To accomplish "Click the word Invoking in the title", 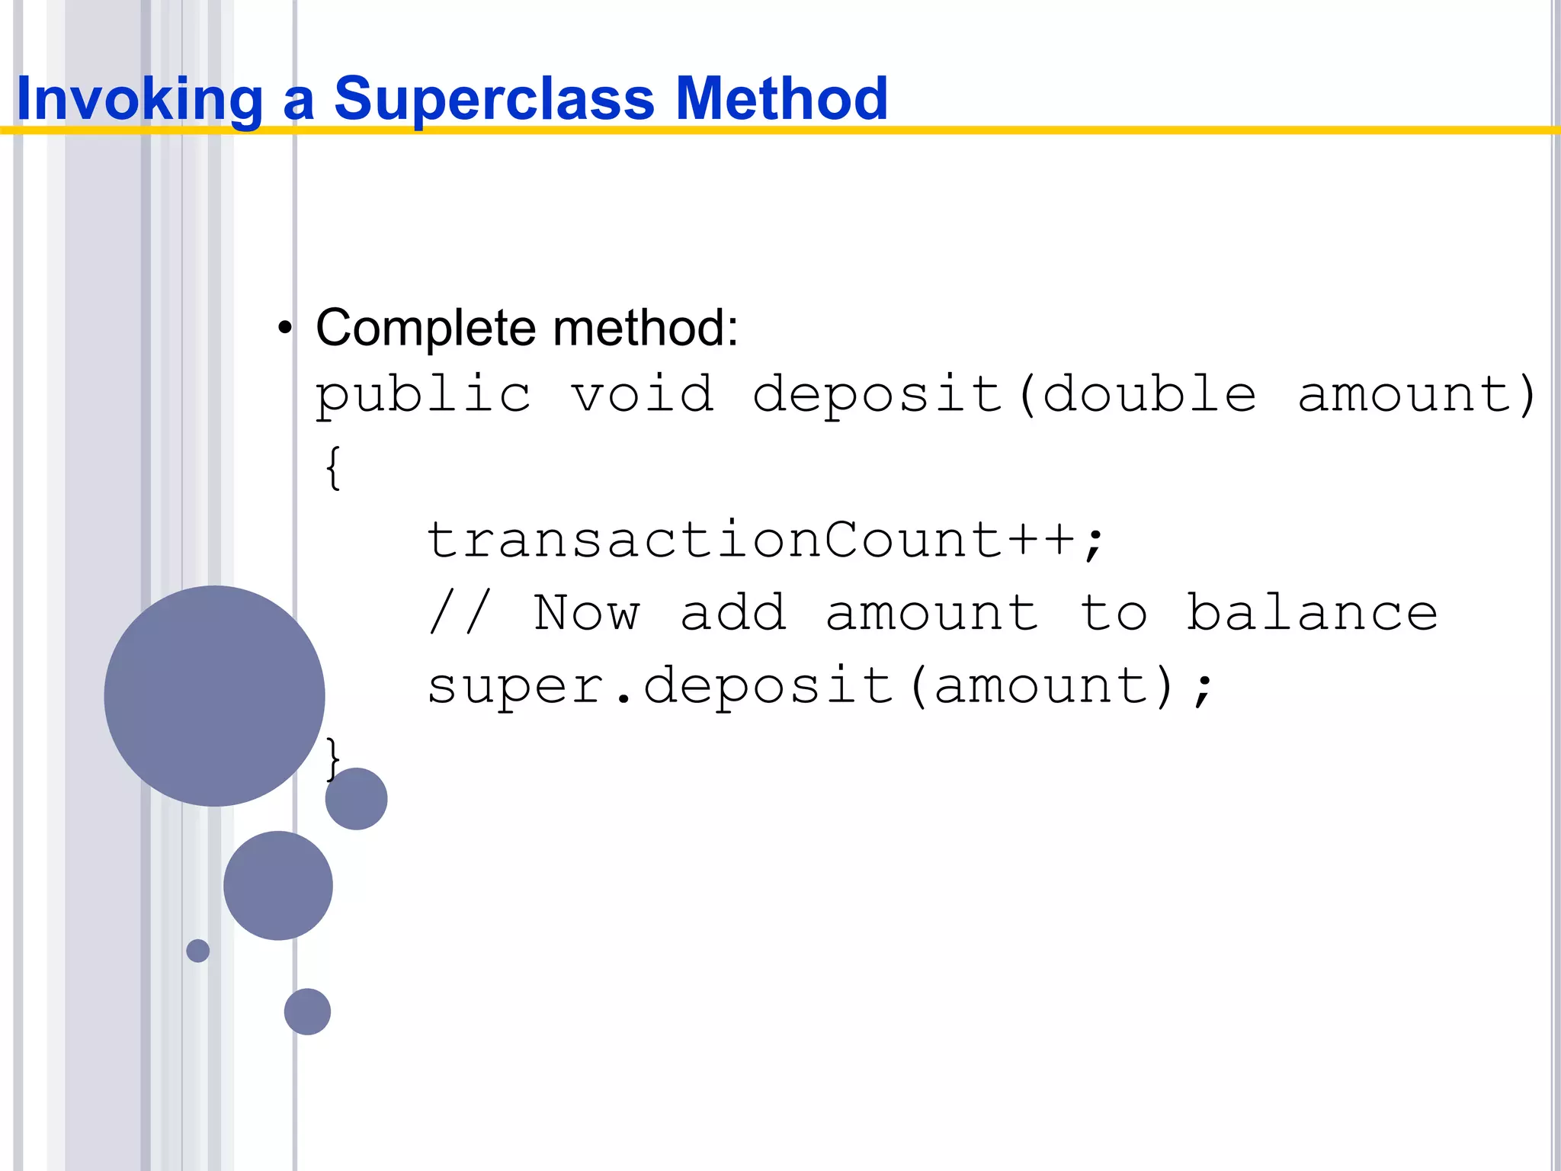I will pyautogui.click(x=139, y=99).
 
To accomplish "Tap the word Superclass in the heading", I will pyautogui.click(x=494, y=99).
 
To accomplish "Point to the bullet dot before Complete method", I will pyautogui.click(x=285, y=329).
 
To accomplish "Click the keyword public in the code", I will pyautogui.click(x=423, y=396).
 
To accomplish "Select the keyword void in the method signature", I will pyautogui.click(x=643, y=396).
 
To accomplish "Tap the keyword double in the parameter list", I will pyautogui.click(x=1149, y=396).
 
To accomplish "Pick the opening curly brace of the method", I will pyautogui.click(x=332, y=467).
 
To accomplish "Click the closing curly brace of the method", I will pyautogui.click(x=332, y=758).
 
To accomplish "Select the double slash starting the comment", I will pyautogui.click(x=460, y=613).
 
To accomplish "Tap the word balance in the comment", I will pyautogui.click(x=1312, y=613).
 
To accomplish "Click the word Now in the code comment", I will pyautogui.click(x=586, y=613).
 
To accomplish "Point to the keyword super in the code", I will pyautogui.click(x=515, y=685).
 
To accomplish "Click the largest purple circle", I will pyautogui.click(x=214, y=695).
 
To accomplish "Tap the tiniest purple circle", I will pyautogui.click(x=197, y=951).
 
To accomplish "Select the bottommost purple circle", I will pyautogui.click(x=307, y=1012).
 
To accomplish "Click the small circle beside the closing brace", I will pyautogui.click(x=356, y=799).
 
